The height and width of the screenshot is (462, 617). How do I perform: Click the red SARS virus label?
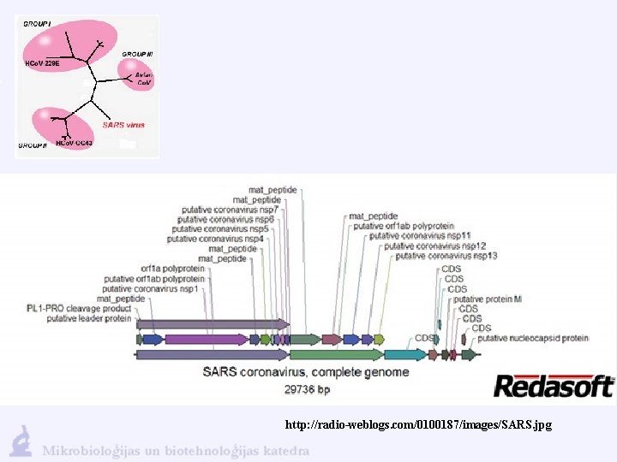point(123,125)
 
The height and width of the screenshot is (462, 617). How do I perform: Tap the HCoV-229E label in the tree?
point(41,62)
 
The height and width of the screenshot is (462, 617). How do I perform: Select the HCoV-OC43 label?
point(74,143)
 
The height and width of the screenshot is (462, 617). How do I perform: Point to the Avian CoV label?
point(143,79)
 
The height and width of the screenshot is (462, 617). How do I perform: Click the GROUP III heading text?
point(137,54)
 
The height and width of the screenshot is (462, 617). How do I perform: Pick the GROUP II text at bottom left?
point(32,145)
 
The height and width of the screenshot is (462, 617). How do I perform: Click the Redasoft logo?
point(554,386)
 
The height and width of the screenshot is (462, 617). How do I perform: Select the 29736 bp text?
point(306,389)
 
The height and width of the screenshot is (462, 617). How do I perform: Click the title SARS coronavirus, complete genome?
point(305,372)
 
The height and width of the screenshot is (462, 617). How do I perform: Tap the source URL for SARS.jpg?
point(419,424)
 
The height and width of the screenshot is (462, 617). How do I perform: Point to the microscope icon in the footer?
point(21,441)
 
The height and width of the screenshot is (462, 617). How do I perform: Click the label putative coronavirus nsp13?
point(446,256)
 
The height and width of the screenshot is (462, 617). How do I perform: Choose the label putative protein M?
point(487,299)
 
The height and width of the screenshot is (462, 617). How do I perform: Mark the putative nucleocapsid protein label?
point(533,338)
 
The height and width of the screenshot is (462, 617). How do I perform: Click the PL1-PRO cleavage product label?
point(79,308)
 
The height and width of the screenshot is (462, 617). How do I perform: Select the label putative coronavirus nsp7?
point(230,210)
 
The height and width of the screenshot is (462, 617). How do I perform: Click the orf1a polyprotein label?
point(173,268)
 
